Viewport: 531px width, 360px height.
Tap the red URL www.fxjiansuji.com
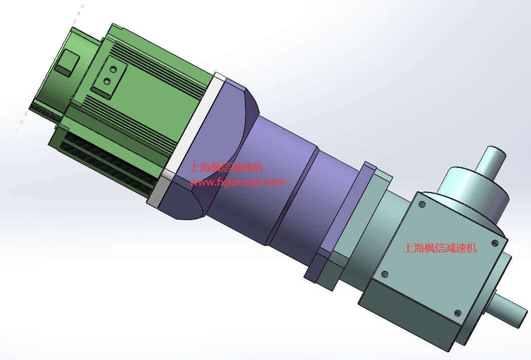pos(237,182)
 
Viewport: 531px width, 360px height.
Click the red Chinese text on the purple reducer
pos(226,167)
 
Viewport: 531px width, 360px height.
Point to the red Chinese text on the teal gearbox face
pos(440,248)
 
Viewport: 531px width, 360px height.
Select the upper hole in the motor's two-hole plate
pos(113,70)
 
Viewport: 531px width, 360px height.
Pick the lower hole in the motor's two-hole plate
pos(107,81)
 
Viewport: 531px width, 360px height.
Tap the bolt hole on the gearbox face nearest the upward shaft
pos(422,205)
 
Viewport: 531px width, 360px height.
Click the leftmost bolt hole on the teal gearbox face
pos(385,274)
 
